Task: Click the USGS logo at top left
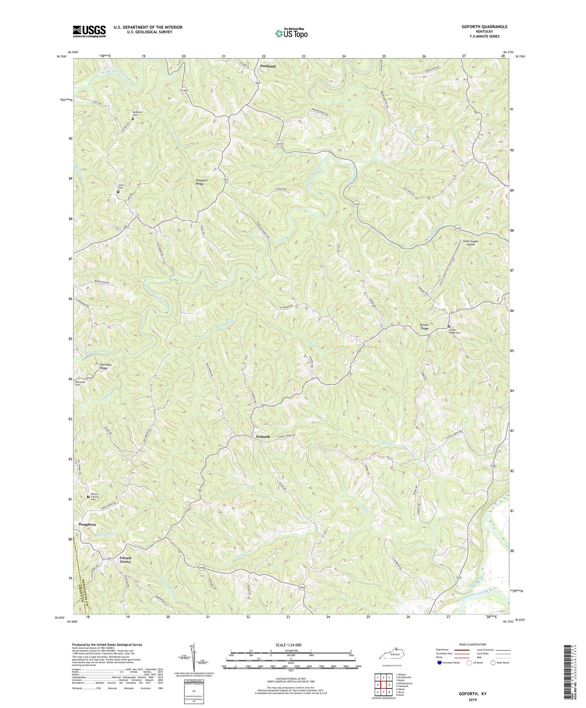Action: [x=89, y=31]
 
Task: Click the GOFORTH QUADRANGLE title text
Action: [x=485, y=26]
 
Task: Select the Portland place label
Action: [x=267, y=66]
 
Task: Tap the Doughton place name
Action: [x=87, y=524]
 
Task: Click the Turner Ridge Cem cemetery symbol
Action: [x=449, y=326]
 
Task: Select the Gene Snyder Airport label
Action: [x=471, y=243]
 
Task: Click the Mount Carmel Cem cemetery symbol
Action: [x=88, y=497]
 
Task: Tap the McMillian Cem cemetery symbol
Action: [x=132, y=119]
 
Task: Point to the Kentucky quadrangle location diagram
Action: [x=392, y=656]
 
